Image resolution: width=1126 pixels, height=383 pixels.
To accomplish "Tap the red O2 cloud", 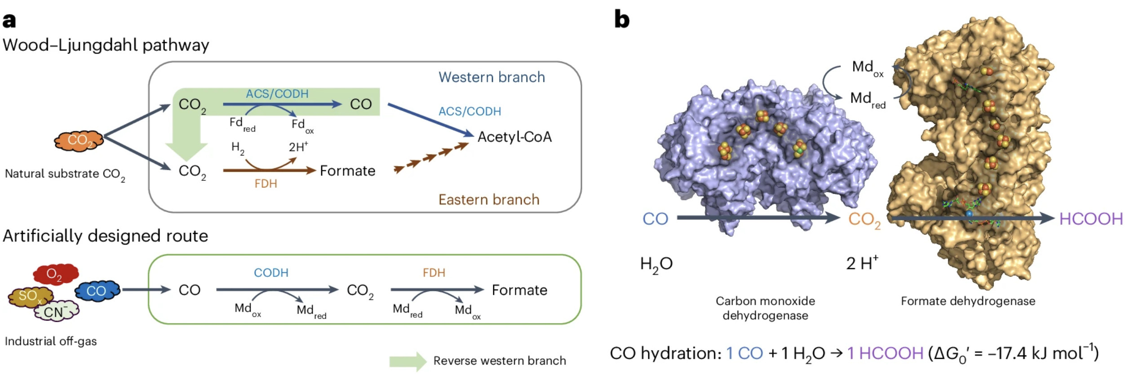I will click(x=56, y=273).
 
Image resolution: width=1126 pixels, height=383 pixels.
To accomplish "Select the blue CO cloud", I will click(x=97, y=291).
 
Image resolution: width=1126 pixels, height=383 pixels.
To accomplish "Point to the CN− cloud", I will click(x=57, y=311).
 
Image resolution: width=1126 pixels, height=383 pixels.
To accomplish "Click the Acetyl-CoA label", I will click(x=514, y=137).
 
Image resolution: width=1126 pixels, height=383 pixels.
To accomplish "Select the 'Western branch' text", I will click(x=492, y=77).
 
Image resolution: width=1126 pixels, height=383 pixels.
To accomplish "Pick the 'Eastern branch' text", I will click(x=489, y=200).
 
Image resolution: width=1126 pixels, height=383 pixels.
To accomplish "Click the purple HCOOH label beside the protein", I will click(x=1091, y=219).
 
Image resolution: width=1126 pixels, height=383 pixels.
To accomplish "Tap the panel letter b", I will click(x=622, y=20).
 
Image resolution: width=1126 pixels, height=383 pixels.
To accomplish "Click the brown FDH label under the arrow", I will click(x=266, y=184).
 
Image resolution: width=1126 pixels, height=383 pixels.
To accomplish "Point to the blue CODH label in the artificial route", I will click(x=271, y=273).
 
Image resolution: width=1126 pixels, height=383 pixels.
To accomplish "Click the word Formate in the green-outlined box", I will click(x=519, y=290).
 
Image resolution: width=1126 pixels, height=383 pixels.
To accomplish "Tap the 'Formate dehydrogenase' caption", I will click(x=968, y=301).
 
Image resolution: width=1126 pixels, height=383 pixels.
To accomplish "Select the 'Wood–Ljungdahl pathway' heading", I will click(x=106, y=45).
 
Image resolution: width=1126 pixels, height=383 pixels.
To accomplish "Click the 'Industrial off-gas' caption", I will click(x=51, y=341).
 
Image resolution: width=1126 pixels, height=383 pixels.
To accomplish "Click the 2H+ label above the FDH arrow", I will click(x=298, y=147).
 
